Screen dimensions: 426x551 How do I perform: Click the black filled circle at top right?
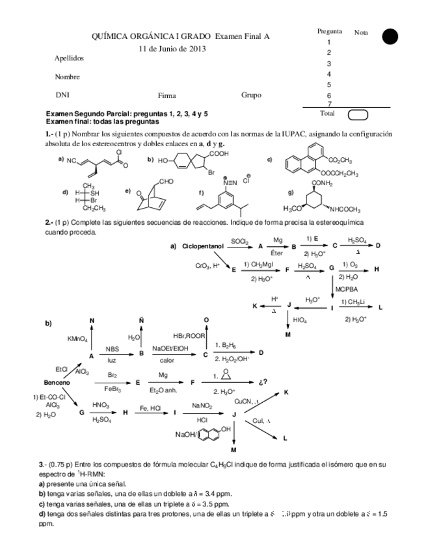point(390,37)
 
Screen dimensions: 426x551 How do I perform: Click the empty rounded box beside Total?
point(358,115)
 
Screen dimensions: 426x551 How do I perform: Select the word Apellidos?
point(69,58)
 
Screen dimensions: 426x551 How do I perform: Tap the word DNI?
point(62,95)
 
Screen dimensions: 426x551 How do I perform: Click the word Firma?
point(166,96)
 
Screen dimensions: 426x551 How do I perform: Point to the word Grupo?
point(251,95)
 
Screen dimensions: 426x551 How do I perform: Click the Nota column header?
point(361,32)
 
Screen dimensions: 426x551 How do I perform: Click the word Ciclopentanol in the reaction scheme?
point(203,247)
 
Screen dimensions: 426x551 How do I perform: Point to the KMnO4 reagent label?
point(77,338)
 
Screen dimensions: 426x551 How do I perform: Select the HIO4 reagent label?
point(300,320)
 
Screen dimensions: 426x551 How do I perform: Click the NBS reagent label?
point(112,348)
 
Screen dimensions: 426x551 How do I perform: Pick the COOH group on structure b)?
point(219,154)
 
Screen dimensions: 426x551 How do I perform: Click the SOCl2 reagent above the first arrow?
point(239,241)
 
